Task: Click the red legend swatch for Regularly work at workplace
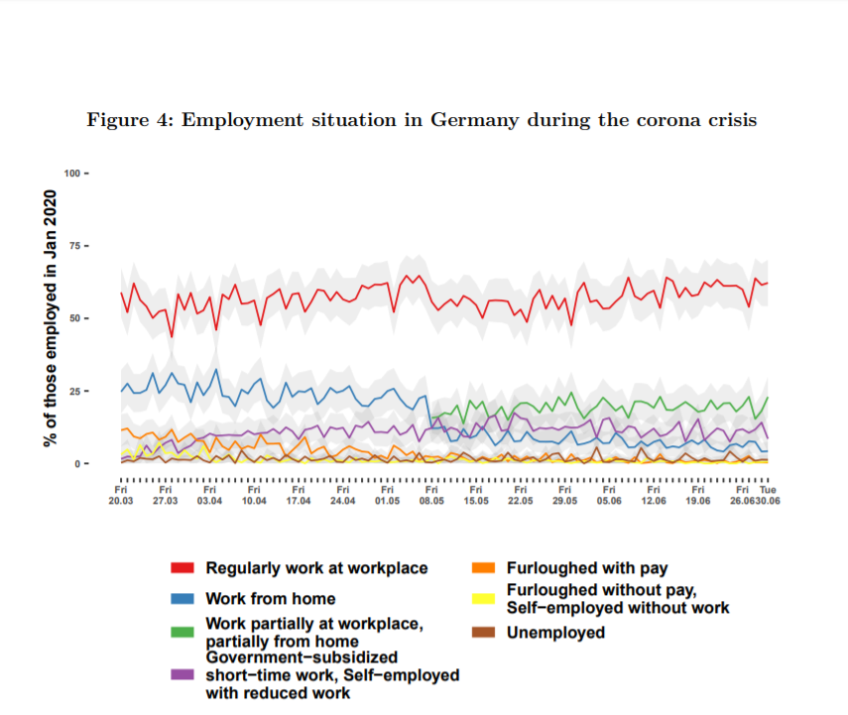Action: (182, 568)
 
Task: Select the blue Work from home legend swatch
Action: (182, 599)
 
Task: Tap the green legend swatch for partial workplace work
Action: (182, 632)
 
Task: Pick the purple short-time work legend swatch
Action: (182, 674)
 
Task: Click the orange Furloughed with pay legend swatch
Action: (482, 568)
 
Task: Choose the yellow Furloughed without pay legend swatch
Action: (482, 599)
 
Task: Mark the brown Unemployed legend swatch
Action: (482, 632)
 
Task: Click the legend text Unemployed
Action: (555, 632)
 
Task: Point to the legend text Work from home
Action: (270, 599)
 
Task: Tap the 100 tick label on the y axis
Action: (72, 174)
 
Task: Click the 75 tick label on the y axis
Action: (75, 246)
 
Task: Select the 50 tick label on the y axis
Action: (75, 318)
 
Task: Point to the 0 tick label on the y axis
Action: (78, 464)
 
